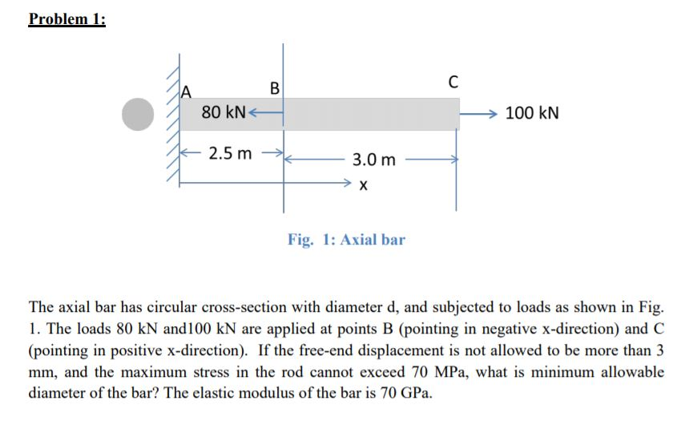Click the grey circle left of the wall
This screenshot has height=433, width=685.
137,114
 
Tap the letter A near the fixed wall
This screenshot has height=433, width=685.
188,91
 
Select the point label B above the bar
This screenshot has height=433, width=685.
275,87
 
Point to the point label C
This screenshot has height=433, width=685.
453,81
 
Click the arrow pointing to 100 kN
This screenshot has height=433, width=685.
479,113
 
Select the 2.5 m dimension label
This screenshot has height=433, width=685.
229,152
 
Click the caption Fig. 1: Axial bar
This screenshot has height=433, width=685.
346,239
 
